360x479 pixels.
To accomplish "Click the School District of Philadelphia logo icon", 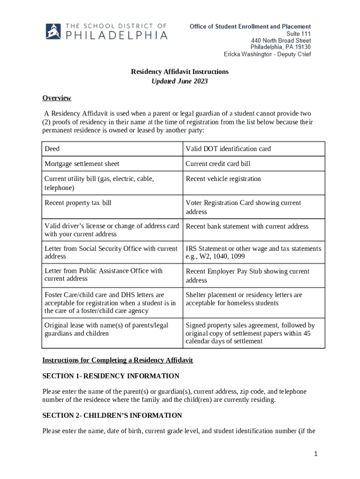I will coord(55,31).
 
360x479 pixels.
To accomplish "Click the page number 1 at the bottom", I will coord(317,454).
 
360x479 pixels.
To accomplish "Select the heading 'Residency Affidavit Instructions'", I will coord(180,72).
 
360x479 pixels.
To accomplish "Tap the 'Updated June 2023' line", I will coord(180,81).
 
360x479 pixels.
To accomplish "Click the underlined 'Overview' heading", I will coord(57,98).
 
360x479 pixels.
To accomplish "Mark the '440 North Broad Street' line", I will coord(281,40).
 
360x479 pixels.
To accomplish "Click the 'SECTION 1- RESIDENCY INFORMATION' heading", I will coord(111,376).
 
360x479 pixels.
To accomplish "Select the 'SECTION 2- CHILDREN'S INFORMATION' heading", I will coord(112,415).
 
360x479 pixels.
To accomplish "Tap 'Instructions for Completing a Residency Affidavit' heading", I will coord(117,360).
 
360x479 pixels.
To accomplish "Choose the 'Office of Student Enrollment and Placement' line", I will coord(250,27).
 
